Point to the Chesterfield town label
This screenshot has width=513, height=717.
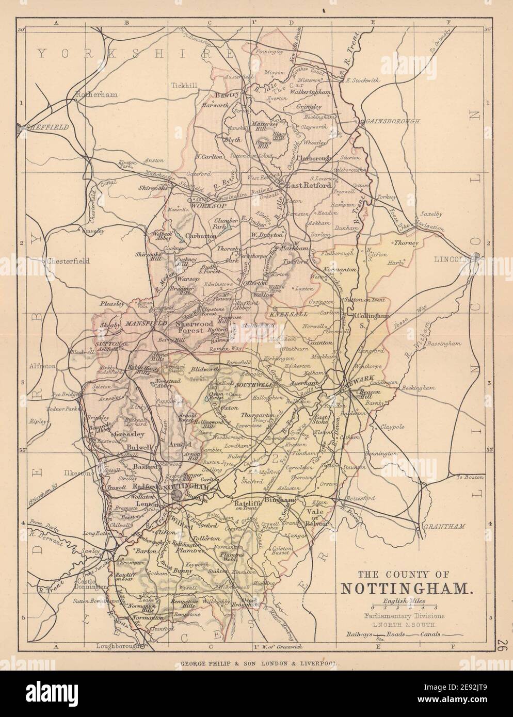(68, 261)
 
